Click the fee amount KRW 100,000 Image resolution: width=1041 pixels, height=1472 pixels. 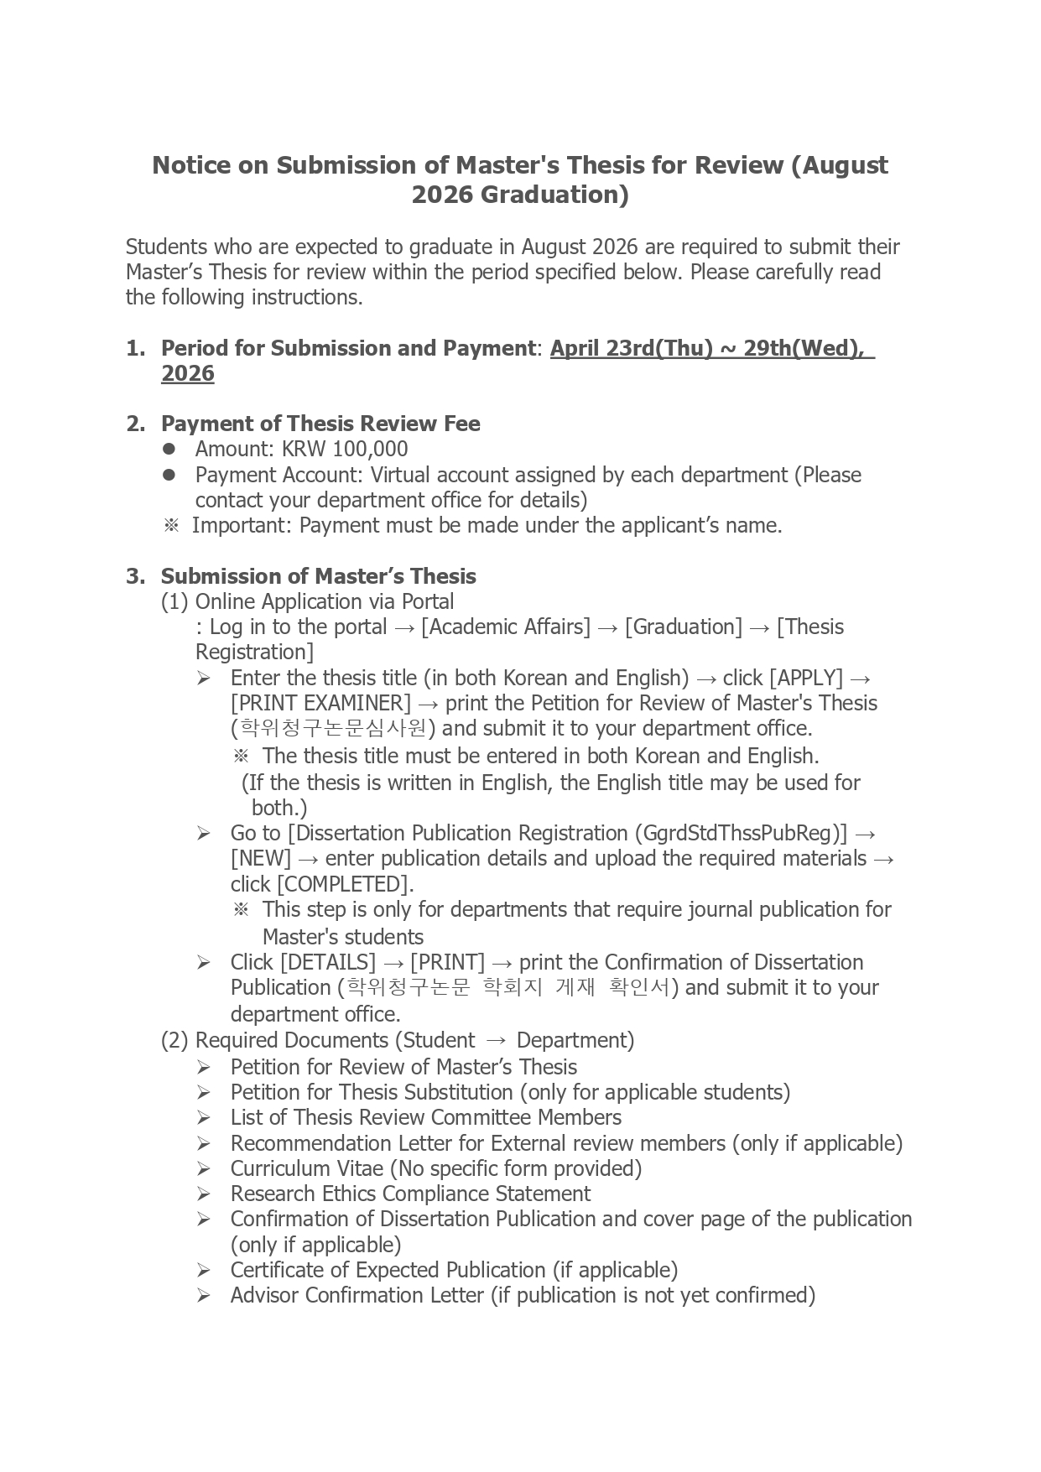tap(345, 450)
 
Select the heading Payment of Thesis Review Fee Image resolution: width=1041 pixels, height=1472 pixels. tap(320, 424)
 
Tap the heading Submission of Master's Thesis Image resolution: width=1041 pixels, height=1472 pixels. tap(318, 576)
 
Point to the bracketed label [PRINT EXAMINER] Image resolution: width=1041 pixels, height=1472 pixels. tap(320, 703)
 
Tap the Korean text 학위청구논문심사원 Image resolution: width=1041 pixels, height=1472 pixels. tap(333, 728)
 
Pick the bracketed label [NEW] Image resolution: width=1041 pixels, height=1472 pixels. tap(261, 858)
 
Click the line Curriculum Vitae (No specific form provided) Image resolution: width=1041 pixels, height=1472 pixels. tap(435, 1168)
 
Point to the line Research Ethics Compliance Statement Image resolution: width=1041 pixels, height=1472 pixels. tap(410, 1194)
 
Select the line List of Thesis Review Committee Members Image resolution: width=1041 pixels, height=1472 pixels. tap(425, 1117)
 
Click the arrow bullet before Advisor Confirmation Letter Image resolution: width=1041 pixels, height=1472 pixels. tap(204, 1296)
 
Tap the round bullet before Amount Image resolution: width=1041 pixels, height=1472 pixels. tap(169, 450)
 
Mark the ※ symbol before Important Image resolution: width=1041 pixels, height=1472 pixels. tap(171, 526)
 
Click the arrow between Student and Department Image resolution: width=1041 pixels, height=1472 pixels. tap(496, 1041)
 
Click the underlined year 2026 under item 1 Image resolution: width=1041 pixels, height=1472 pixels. tap(188, 373)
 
